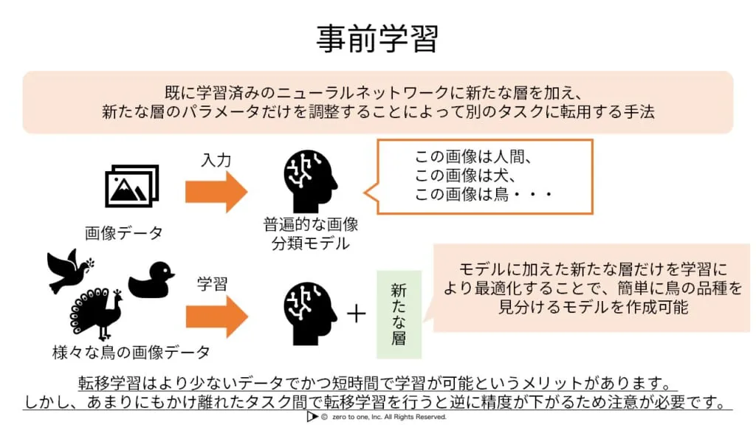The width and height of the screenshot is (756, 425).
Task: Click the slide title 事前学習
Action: coord(377,38)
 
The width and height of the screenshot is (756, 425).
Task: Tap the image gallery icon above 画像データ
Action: coord(131,186)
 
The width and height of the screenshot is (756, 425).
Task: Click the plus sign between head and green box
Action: coord(357,314)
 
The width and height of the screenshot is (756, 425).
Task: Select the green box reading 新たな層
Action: coord(399,314)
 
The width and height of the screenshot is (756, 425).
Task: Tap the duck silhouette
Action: coord(151,280)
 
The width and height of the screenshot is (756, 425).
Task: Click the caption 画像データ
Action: coord(123,233)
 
